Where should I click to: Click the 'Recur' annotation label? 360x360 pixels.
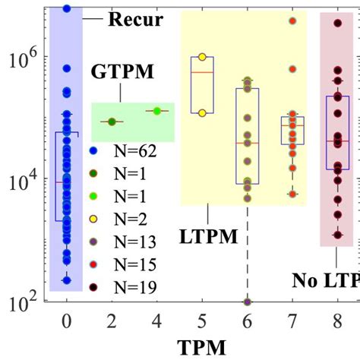[135, 19]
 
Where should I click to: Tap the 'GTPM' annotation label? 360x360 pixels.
[122, 72]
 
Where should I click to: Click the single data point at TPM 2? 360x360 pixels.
[112, 122]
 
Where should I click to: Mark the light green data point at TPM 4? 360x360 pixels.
[157, 111]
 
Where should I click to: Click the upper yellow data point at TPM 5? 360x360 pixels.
[202, 57]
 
